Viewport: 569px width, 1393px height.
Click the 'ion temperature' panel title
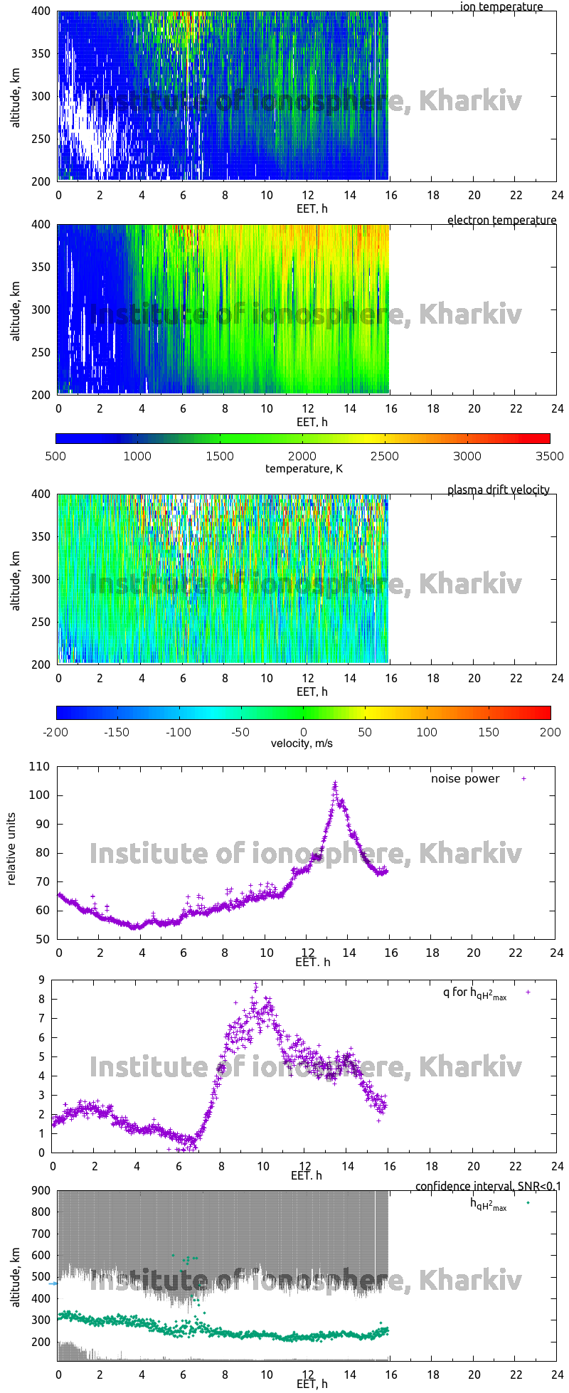tap(501, 7)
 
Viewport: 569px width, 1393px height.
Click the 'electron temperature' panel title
tap(501, 221)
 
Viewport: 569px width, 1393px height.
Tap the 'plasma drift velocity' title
tap(498, 490)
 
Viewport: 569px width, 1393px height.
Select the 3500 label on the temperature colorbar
tap(550, 457)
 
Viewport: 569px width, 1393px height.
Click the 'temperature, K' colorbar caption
tap(304, 469)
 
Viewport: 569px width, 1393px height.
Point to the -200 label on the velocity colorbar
tap(56, 732)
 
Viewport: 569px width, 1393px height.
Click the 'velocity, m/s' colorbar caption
tap(302, 743)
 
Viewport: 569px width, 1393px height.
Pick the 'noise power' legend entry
tap(465, 779)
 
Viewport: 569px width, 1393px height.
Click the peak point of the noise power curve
tap(335, 783)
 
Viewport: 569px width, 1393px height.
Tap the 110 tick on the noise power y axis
tap(40, 767)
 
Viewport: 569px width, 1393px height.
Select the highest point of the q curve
tap(256, 985)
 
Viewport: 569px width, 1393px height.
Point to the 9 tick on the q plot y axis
tap(42, 980)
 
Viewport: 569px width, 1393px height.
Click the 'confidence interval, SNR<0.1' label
tap(488, 1187)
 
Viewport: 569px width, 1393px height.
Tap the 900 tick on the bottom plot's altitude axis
tap(40, 1191)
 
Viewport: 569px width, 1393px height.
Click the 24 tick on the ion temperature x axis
tap(557, 195)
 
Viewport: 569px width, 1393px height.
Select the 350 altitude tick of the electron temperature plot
tap(41, 268)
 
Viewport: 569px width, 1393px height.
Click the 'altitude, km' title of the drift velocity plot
tap(15, 578)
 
